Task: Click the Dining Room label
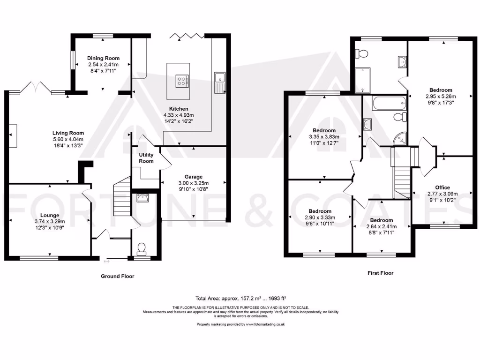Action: (103, 58)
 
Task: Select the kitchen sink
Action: (219, 82)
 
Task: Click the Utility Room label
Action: (146, 158)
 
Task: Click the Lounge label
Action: (50, 215)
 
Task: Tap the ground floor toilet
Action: (141, 247)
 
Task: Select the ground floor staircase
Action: (122, 197)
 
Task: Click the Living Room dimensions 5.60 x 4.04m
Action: (68, 139)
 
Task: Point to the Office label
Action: (442, 187)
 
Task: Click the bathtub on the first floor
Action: (389, 103)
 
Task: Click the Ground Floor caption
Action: (118, 276)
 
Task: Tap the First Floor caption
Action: (380, 273)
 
